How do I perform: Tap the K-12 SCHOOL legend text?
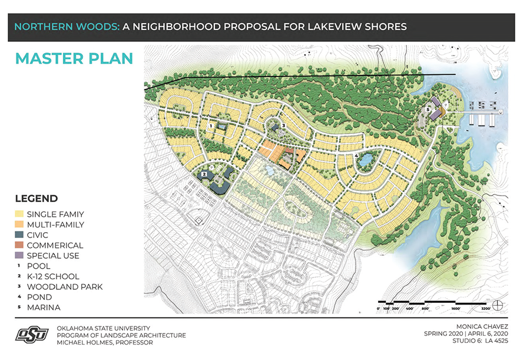[x=54, y=276]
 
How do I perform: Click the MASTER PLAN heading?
[x=74, y=59]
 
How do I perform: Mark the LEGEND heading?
[x=36, y=199]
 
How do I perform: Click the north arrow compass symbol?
[x=498, y=305]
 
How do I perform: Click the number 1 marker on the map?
[x=211, y=125]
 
